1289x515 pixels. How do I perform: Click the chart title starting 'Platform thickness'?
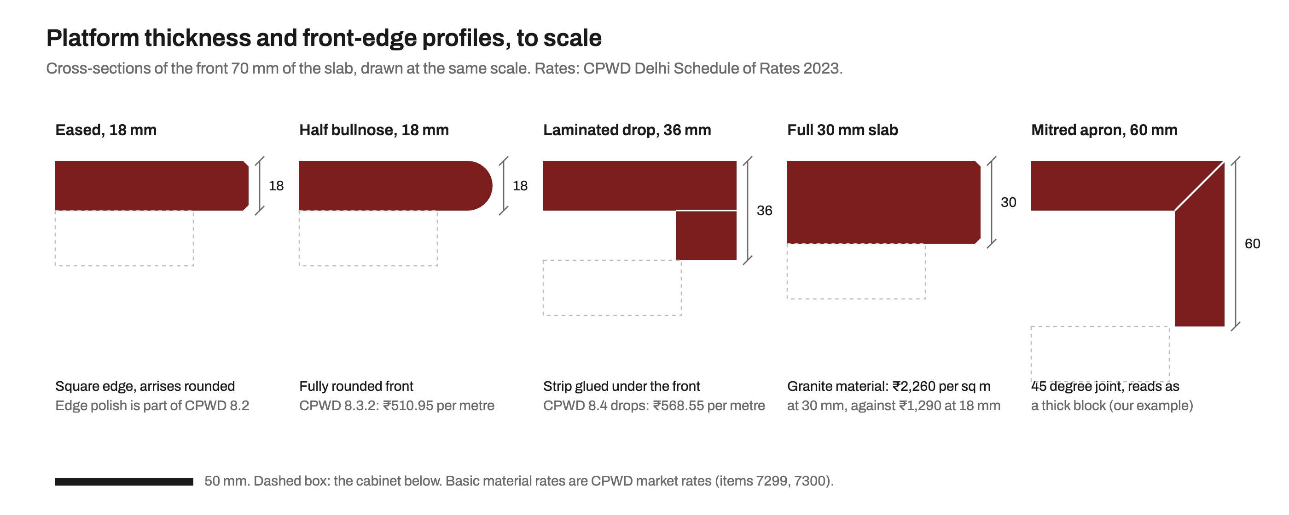tap(324, 38)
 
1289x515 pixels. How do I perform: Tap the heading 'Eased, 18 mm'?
tap(105, 130)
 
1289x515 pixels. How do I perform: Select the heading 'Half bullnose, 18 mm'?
tap(374, 130)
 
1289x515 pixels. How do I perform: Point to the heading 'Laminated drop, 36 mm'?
tap(627, 130)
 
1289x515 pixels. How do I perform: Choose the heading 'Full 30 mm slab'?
tap(842, 130)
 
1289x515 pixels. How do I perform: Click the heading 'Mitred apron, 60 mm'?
tap(1104, 130)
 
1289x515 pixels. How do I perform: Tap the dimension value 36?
tap(764, 211)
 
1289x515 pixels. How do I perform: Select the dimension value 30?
tap(1008, 202)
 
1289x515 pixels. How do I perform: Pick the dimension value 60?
tap(1252, 244)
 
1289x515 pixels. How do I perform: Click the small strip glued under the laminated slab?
tap(706, 235)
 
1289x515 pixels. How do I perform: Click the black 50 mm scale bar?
tap(124, 481)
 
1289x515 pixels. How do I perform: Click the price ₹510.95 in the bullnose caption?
tap(408, 406)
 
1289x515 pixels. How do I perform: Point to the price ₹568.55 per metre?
tap(709, 406)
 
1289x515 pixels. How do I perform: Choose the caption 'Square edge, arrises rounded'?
tap(145, 386)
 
